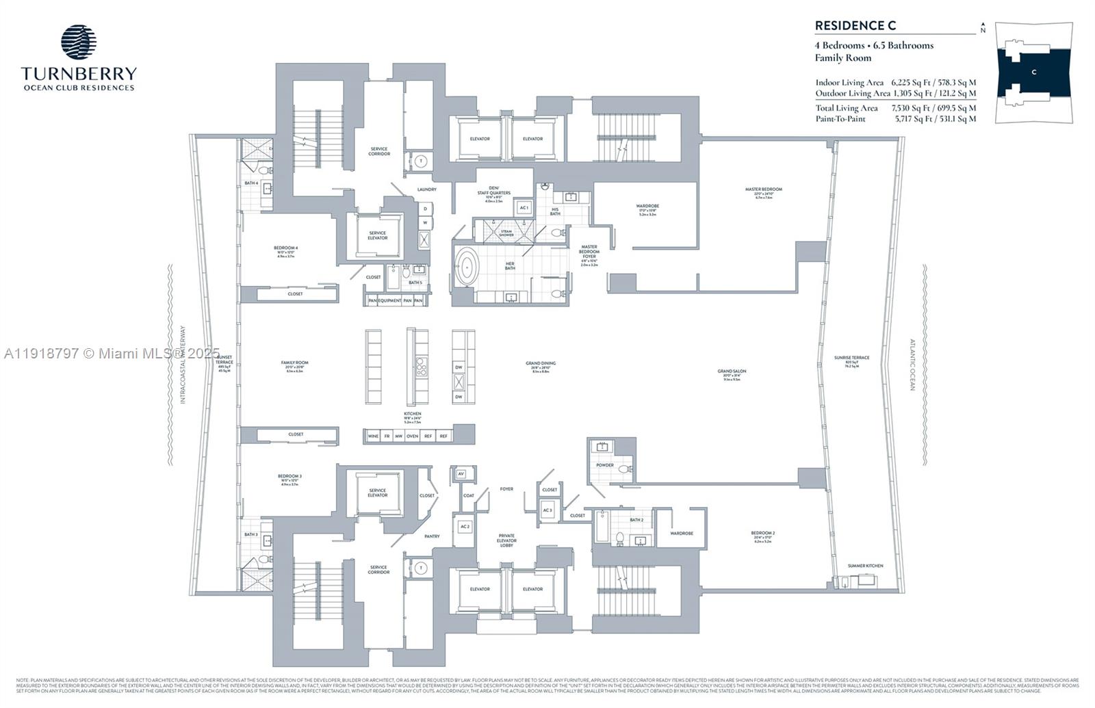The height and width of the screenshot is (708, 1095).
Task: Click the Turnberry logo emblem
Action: (x=79, y=42)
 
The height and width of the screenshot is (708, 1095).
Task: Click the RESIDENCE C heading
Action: (x=855, y=26)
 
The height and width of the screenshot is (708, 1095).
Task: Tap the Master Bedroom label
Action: (x=763, y=189)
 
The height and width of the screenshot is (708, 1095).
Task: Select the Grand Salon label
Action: (x=732, y=371)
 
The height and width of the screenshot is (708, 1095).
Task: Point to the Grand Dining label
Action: (x=541, y=364)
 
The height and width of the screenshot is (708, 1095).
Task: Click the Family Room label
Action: (x=294, y=363)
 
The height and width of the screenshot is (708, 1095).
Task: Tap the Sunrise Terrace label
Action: (x=851, y=358)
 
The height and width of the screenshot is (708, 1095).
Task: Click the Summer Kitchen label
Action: (x=865, y=566)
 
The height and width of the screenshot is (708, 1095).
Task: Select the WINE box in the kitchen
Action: (x=373, y=436)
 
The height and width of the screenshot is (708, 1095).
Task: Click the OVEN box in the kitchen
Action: (x=412, y=436)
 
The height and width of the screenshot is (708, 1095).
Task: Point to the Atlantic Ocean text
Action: (x=912, y=365)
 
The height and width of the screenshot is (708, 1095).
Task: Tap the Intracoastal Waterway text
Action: (x=183, y=364)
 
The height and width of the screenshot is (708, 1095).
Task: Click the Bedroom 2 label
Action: (x=762, y=533)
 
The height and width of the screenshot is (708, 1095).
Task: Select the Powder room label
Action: (x=604, y=465)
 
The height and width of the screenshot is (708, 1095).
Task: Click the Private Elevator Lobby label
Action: (x=506, y=540)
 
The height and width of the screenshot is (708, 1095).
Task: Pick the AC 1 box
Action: (x=524, y=207)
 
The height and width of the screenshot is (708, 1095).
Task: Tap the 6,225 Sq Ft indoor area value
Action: (x=907, y=82)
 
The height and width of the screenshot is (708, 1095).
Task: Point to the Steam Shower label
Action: (x=506, y=233)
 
